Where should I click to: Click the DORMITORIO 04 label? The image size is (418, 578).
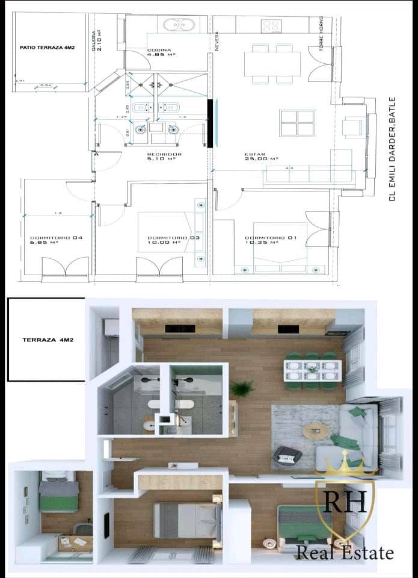[x=56, y=238]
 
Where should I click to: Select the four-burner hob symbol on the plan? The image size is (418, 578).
[x=271, y=26]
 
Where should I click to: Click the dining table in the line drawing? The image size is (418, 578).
[x=272, y=63]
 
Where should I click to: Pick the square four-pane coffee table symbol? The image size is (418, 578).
[x=297, y=122]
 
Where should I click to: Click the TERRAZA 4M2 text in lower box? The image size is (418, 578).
[x=48, y=340]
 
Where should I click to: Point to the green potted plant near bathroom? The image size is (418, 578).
[x=242, y=388]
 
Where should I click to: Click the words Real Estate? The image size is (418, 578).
[x=345, y=552]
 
